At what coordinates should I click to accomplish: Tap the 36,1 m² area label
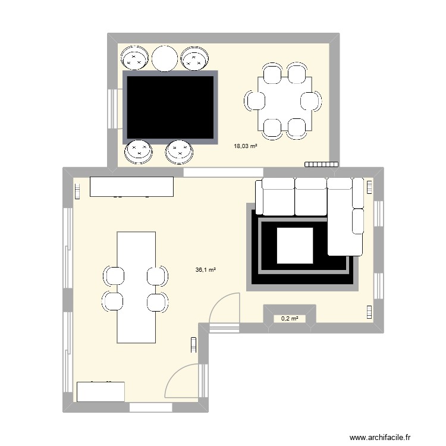pyautogui.click(x=205, y=269)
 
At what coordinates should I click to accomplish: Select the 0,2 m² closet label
pyautogui.click(x=289, y=319)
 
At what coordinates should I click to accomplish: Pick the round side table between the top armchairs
pyautogui.click(x=165, y=58)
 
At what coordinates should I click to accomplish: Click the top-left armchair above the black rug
pyautogui.click(x=135, y=58)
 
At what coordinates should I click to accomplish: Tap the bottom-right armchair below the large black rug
pyautogui.click(x=180, y=152)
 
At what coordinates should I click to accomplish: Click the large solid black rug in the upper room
pyautogui.click(x=170, y=107)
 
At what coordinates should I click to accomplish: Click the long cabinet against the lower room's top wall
pyautogui.click(x=131, y=186)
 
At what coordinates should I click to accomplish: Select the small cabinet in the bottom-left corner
pyautogui.click(x=100, y=392)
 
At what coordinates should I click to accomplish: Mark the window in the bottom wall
pyautogui.click(x=150, y=407)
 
